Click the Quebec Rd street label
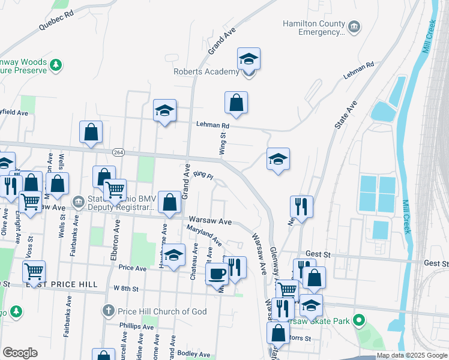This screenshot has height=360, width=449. click(56, 19)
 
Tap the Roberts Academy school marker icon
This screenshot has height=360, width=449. click(249, 59)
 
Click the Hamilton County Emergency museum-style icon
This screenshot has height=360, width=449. click(354, 26)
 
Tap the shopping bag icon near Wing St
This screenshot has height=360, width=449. click(237, 102)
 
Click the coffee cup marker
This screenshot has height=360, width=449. click(217, 274)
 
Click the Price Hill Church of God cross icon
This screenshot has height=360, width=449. click(108, 311)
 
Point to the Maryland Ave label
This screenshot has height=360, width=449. click(204, 236)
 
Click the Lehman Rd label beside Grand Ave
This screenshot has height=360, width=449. click(212, 125)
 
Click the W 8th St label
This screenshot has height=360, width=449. click(126, 289)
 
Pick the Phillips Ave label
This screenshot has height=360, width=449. click(136, 326)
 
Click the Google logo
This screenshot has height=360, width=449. click(20, 353)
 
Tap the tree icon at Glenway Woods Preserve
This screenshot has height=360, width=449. click(56, 64)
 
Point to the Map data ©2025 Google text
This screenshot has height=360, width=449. click(411, 355)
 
